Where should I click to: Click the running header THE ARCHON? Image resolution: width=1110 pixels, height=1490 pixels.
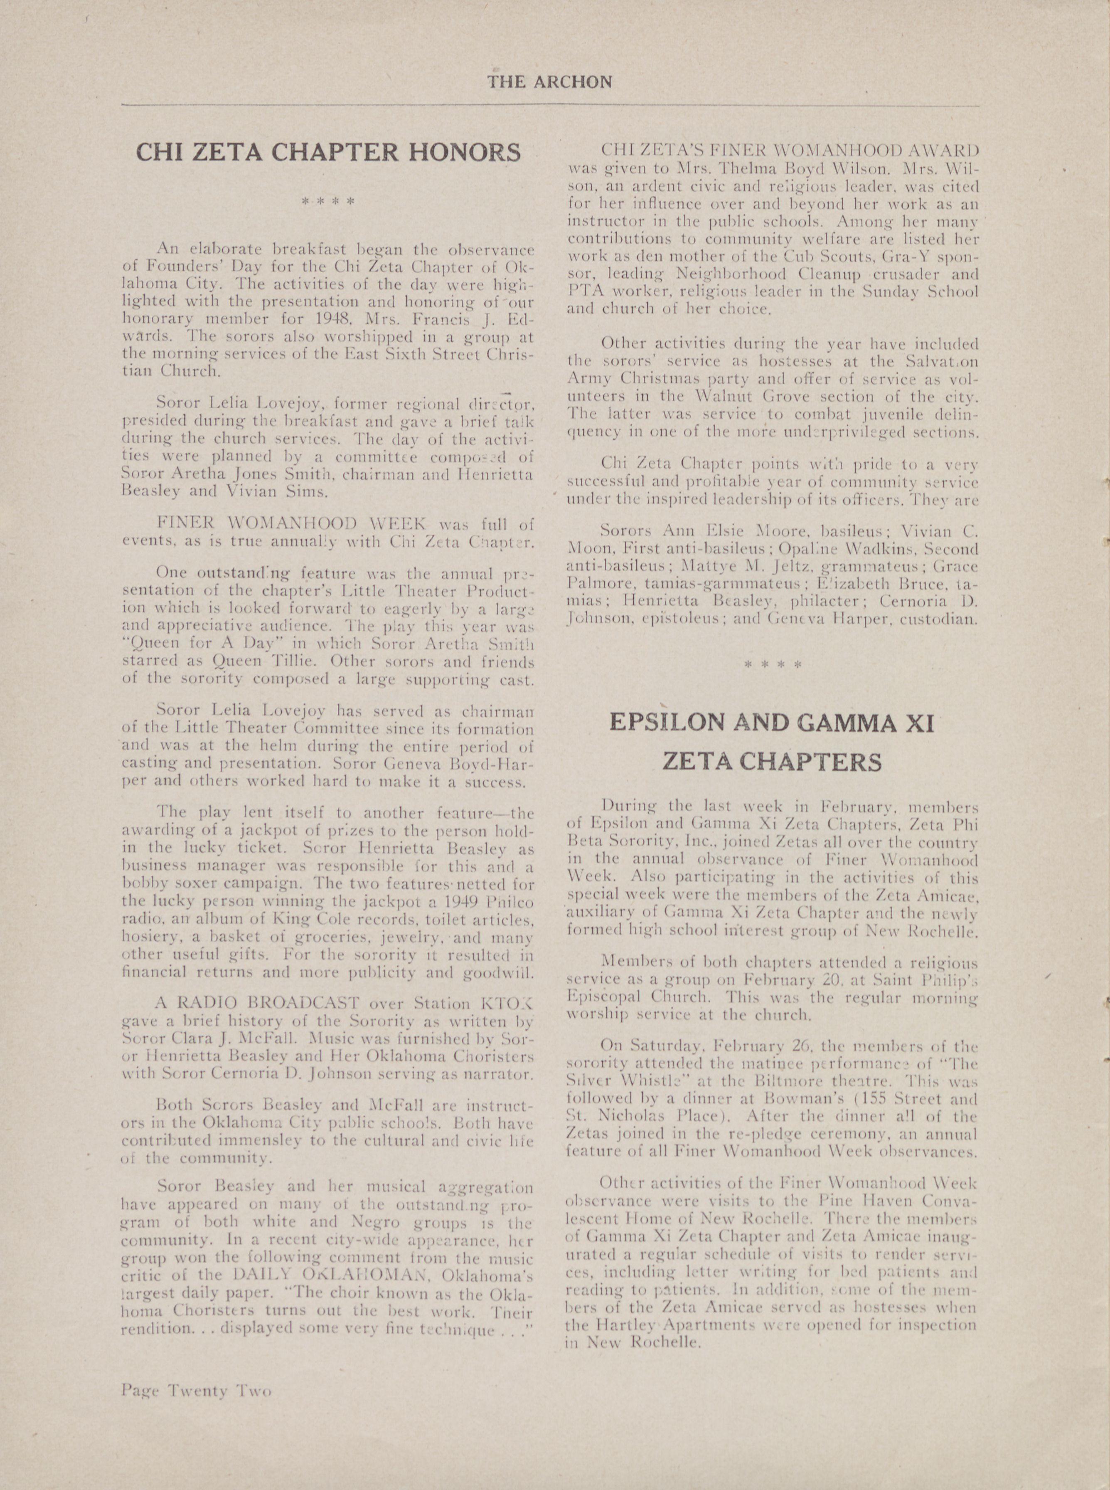(x=550, y=82)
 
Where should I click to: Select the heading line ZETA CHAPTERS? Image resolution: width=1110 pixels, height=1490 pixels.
(x=771, y=762)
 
